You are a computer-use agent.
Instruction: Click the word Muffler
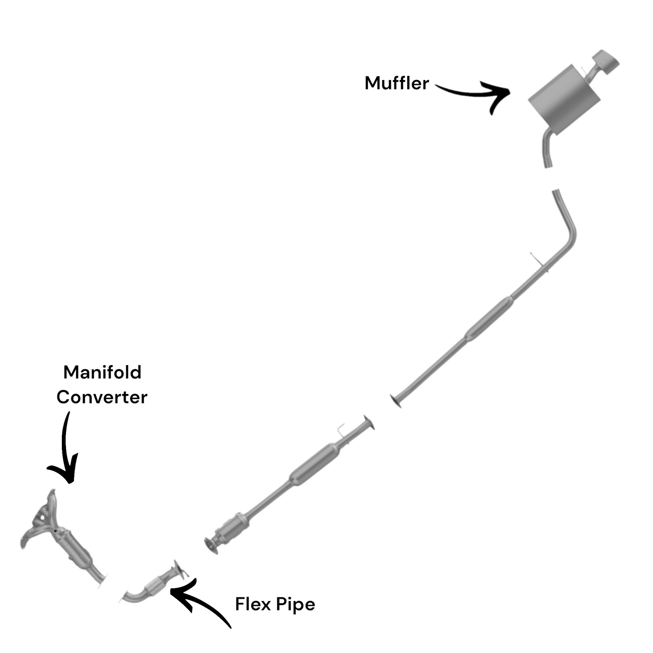396,83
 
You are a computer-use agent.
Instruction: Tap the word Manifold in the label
102,372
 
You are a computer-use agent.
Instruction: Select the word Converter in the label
102,397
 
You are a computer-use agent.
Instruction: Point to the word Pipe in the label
296,605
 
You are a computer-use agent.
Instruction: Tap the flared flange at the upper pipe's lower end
395,401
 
